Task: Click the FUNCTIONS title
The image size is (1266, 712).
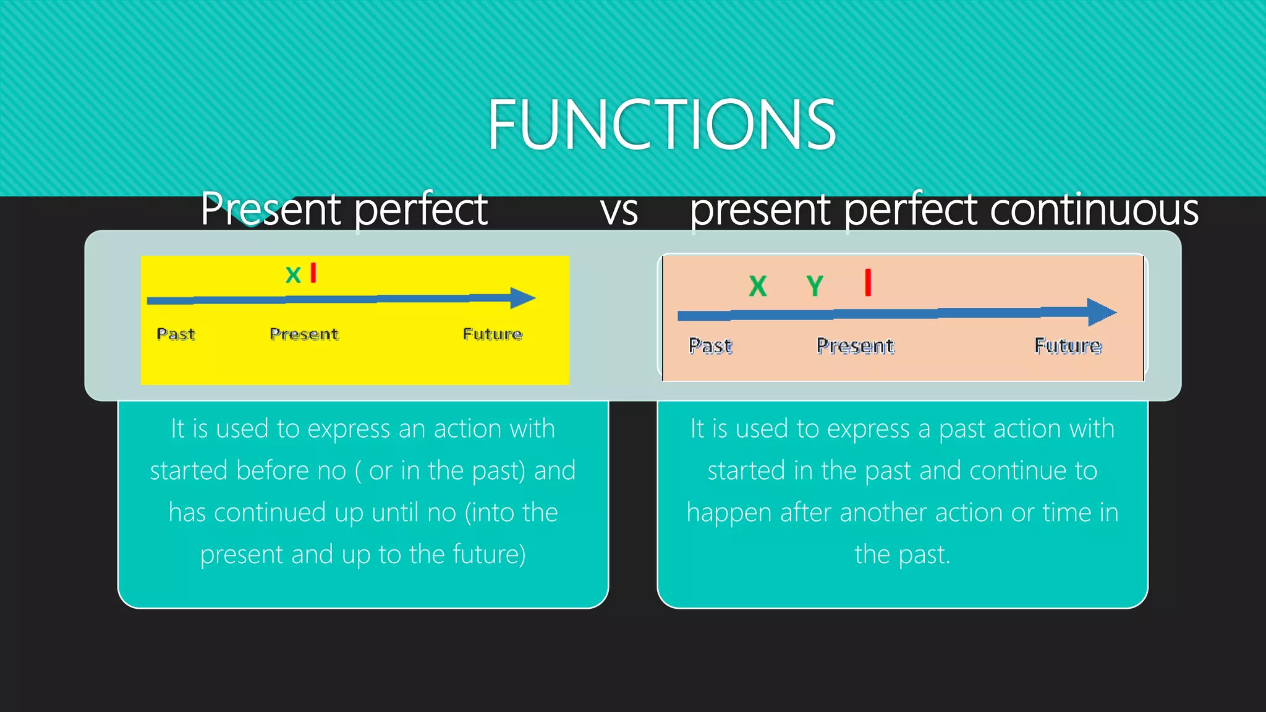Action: pyautogui.click(x=661, y=125)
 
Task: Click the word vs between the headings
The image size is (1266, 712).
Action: pyautogui.click(x=619, y=211)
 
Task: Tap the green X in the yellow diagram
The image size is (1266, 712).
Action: pyautogui.click(x=293, y=274)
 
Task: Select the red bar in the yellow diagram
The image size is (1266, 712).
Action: pyautogui.click(x=313, y=273)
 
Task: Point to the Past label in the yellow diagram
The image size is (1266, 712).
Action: pyautogui.click(x=176, y=334)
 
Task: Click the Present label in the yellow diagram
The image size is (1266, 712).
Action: pyautogui.click(x=304, y=334)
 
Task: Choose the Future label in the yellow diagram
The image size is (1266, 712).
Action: pyautogui.click(x=493, y=334)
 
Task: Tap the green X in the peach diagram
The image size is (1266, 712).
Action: pyautogui.click(x=758, y=286)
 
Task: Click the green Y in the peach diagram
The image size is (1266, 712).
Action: pyautogui.click(x=815, y=286)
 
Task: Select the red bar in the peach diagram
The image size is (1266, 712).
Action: pyautogui.click(x=868, y=282)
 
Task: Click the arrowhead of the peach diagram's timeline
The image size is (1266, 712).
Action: pyautogui.click(x=1102, y=312)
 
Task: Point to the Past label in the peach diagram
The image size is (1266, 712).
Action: pyautogui.click(x=710, y=346)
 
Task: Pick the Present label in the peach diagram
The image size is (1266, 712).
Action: pyautogui.click(x=855, y=346)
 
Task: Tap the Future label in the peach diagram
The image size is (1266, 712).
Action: pyautogui.click(x=1068, y=346)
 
